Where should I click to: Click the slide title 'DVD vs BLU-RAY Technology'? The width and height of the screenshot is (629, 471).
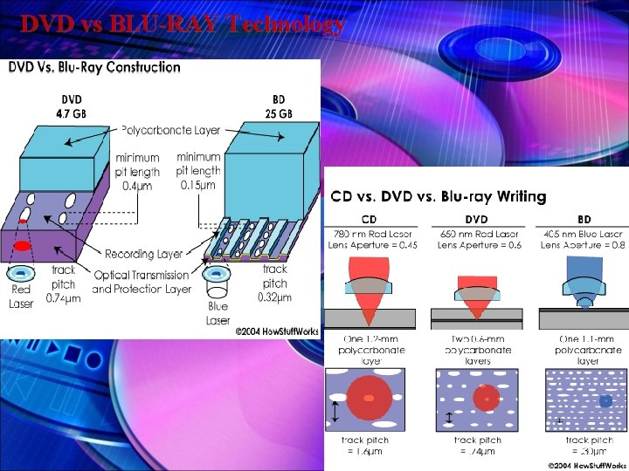pyautogui.click(x=183, y=24)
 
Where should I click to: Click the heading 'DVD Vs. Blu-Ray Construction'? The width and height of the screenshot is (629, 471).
pyautogui.click(x=95, y=66)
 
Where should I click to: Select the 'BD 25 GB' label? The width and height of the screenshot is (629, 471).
pyautogui.click(x=279, y=106)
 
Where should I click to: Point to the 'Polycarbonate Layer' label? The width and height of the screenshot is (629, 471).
pyautogui.click(x=170, y=130)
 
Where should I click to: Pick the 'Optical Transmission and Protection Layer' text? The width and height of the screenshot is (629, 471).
pyautogui.click(x=142, y=281)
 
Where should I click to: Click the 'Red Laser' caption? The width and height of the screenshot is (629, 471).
pyautogui.click(x=22, y=297)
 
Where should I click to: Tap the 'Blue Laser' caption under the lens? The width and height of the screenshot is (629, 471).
pyautogui.click(x=218, y=314)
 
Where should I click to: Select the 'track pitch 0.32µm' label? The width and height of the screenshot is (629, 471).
pyautogui.click(x=274, y=283)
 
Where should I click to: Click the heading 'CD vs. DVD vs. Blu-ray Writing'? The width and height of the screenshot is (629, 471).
pyautogui.click(x=438, y=197)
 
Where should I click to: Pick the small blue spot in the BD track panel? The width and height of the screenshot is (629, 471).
pyautogui.click(x=581, y=401)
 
